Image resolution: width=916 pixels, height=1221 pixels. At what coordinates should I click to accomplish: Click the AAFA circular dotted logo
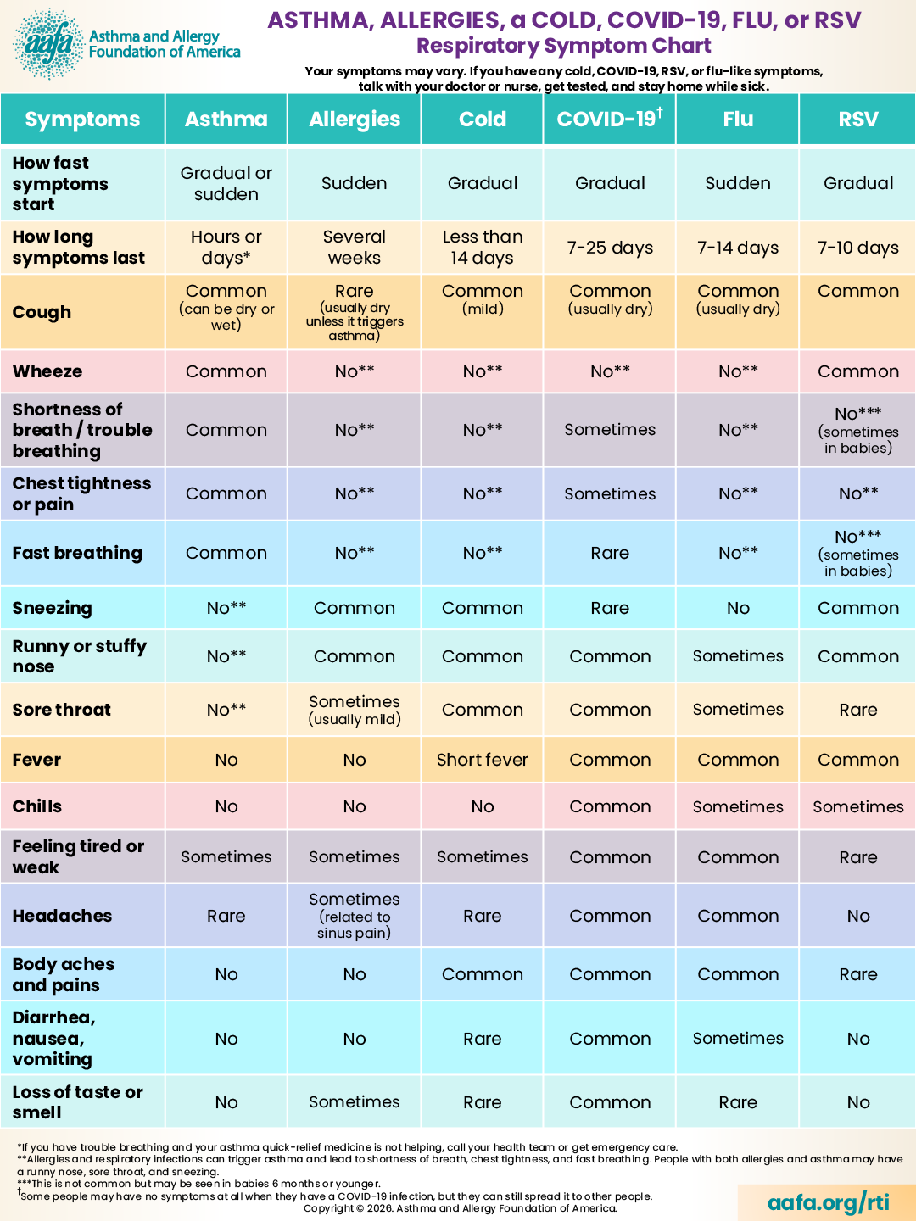(x=49, y=43)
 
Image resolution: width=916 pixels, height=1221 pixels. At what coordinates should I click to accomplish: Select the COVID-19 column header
(x=610, y=119)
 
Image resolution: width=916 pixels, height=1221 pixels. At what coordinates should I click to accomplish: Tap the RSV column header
(x=858, y=119)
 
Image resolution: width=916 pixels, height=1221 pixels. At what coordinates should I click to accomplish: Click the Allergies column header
(x=355, y=120)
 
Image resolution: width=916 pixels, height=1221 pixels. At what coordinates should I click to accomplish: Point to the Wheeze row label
(x=47, y=371)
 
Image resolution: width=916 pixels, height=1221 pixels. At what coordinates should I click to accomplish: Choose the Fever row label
(x=36, y=759)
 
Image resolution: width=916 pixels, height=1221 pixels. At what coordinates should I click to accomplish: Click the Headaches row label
(x=62, y=915)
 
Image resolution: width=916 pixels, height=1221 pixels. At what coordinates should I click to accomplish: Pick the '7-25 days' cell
(x=610, y=248)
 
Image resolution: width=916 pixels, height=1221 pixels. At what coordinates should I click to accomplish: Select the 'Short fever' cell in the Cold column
(x=483, y=759)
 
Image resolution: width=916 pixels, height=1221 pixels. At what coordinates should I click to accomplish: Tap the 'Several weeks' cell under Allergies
(x=355, y=247)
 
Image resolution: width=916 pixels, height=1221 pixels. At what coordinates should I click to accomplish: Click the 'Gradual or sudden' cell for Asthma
(x=226, y=183)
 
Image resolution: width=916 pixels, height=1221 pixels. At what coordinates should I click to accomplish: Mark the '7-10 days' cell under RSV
(x=858, y=248)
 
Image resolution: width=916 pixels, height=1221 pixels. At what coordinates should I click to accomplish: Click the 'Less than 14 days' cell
(x=483, y=247)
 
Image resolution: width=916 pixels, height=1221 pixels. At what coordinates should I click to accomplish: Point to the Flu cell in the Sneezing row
(x=738, y=608)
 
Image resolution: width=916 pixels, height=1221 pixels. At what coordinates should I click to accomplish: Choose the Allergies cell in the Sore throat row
(x=355, y=710)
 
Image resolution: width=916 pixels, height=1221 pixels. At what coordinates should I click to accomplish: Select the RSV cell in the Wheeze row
(x=858, y=371)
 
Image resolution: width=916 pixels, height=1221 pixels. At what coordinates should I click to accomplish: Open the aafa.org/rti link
(x=828, y=1201)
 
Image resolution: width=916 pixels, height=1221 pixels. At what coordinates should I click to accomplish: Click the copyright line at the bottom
(x=460, y=1208)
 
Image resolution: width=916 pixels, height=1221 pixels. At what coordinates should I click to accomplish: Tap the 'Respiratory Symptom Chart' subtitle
(x=564, y=46)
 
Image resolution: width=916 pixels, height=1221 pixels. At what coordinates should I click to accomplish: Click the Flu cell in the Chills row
(x=738, y=806)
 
